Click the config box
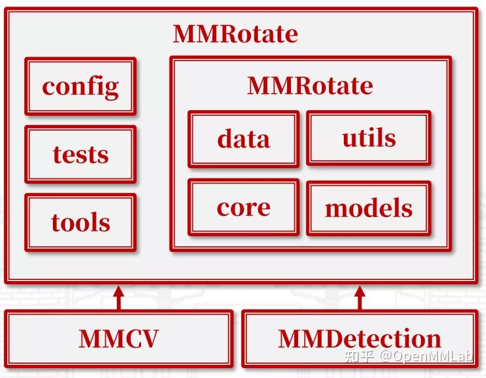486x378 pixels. tap(80, 87)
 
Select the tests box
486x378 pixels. tap(80, 154)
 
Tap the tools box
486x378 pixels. tap(80, 222)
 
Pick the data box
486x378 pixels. tap(244, 139)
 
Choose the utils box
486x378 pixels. tap(369, 138)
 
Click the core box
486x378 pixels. tap(244, 207)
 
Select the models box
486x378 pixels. tap(369, 208)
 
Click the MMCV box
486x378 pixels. tap(118, 338)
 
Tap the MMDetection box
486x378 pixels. tap(359, 338)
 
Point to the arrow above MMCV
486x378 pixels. tap(118, 298)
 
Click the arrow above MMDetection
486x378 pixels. tap(359, 298)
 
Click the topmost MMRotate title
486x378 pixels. tap(235, 34)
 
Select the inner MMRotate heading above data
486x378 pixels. tap(310, 85)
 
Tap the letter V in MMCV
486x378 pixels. tap(149, 339)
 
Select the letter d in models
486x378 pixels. tap(370, 208)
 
